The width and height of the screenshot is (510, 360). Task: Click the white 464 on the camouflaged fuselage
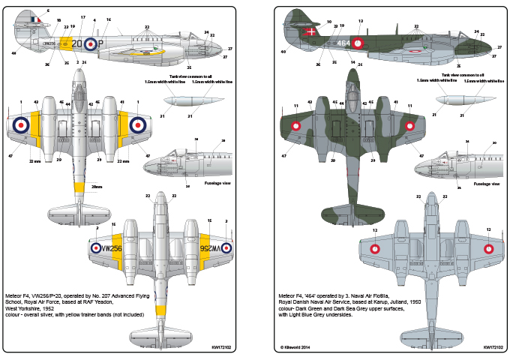click(342, 43)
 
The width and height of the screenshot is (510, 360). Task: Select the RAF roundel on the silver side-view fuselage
click(90, 43)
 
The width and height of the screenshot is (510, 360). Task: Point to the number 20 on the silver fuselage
click(77, 43)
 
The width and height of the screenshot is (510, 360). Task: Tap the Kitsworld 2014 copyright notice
click(297, 347)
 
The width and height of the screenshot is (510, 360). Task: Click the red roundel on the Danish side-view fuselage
click(359, 43)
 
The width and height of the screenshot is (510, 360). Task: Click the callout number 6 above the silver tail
click(46, 10)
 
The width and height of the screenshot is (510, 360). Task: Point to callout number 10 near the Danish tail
click(328, 22)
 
